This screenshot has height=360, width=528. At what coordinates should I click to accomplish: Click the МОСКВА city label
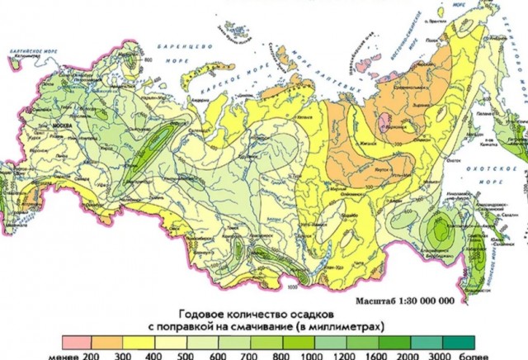[64, 126]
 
